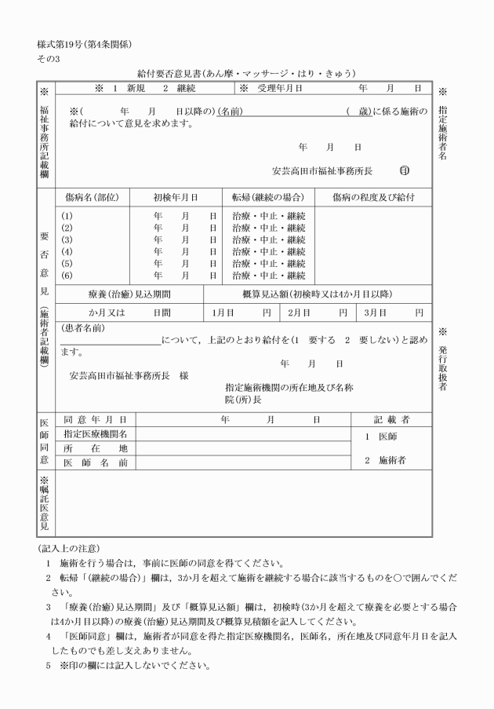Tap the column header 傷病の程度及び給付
(372, 197)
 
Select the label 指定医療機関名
(95, 433)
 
